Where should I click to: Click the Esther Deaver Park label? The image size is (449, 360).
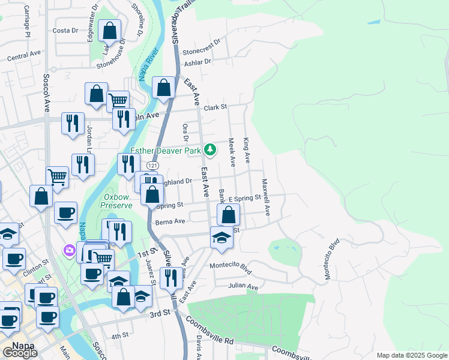click(166, 151)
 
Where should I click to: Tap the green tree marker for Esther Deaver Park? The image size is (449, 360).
click(209, 149)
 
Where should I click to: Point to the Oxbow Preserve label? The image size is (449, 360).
click(117, 200)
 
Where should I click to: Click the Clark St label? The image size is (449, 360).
click(215, 107)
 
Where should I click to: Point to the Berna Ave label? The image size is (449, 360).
click(170, 221)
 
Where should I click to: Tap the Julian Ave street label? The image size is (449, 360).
click(243, 287)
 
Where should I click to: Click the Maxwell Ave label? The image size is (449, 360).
click(265, 197)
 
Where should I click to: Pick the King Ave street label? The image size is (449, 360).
click(247, 150)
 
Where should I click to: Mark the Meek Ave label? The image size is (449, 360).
click(231, 152)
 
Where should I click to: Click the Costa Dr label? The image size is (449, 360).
click(65, 30)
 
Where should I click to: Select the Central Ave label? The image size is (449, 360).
click(24, 56)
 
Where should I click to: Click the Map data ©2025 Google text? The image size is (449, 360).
click(411, 355)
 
